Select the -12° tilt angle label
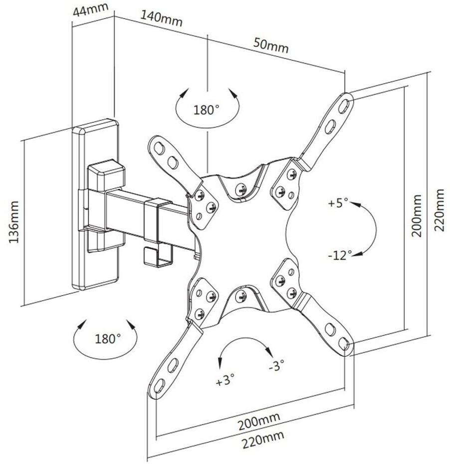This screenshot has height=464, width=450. pos(340,255)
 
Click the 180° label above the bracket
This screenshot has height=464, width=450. pos(207,109)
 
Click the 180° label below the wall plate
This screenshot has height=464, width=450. pos(108,338)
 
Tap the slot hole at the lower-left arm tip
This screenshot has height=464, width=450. pos(159,386)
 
